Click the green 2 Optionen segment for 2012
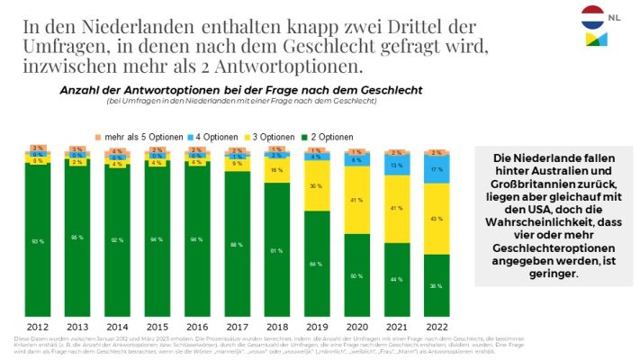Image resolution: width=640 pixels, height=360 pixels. (37, 241)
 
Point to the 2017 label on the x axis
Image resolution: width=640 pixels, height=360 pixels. (237, 327)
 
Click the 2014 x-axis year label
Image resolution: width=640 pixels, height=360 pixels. (117, 327)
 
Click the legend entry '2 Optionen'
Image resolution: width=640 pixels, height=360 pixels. (323, 136)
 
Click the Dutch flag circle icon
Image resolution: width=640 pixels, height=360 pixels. (591, 15)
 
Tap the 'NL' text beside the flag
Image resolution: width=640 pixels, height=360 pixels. (614, 15)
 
